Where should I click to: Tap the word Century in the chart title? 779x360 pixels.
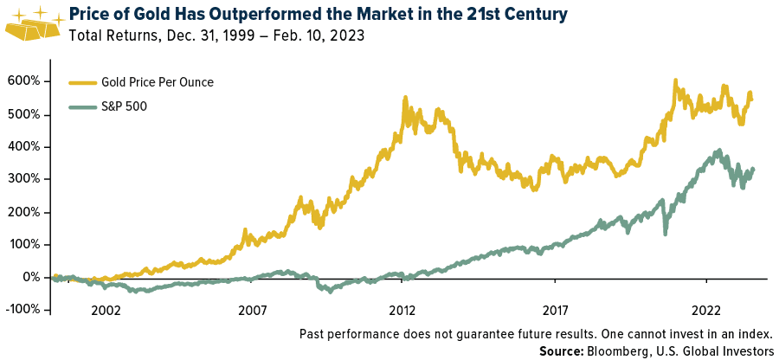click(x=499, y=16)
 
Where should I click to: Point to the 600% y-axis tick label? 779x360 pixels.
click(x=26, y=81)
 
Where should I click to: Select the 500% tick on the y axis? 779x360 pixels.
click(x=26, y=114)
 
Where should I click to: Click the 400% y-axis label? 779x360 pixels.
click(x=26, y=147)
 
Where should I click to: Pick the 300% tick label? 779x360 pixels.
click(x=26, y=179)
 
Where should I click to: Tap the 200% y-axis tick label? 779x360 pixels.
click(x=26, y=212)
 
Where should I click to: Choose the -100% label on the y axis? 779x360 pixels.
click(x=23, y=310)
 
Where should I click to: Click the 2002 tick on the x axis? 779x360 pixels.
click(x=106, y=310)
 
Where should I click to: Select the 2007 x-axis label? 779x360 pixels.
click(x=252, y=310)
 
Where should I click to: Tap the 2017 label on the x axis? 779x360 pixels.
click(x=555, y=310)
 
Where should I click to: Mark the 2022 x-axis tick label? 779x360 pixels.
click(x=706, y=310)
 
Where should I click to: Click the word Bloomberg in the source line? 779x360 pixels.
click(x=617, y=350)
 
